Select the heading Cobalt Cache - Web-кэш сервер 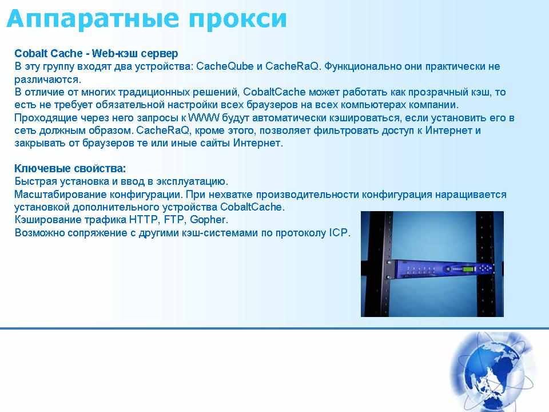96,53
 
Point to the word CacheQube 225,66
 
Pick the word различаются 47,80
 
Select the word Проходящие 46,118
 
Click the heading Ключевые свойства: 70,168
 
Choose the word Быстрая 35,181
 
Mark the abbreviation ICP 339,233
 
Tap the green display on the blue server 469,270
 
